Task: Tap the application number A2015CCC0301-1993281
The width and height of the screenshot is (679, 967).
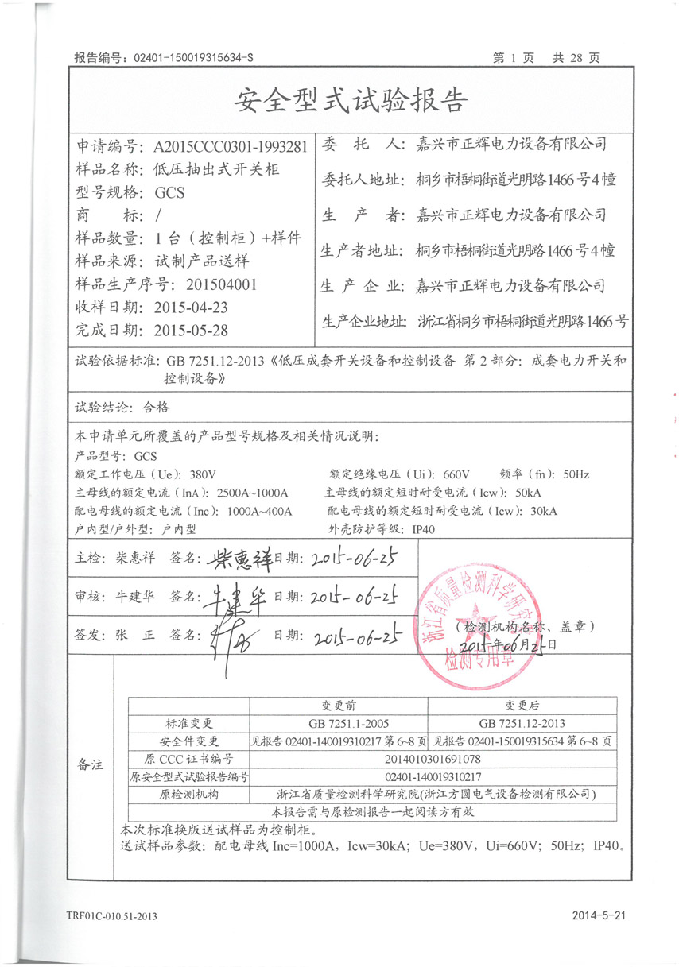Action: (x=223, y=147)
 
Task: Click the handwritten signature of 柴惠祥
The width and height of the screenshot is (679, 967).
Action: (x=239, y=560)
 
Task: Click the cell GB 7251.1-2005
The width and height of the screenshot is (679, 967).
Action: (x=338, y=723)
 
